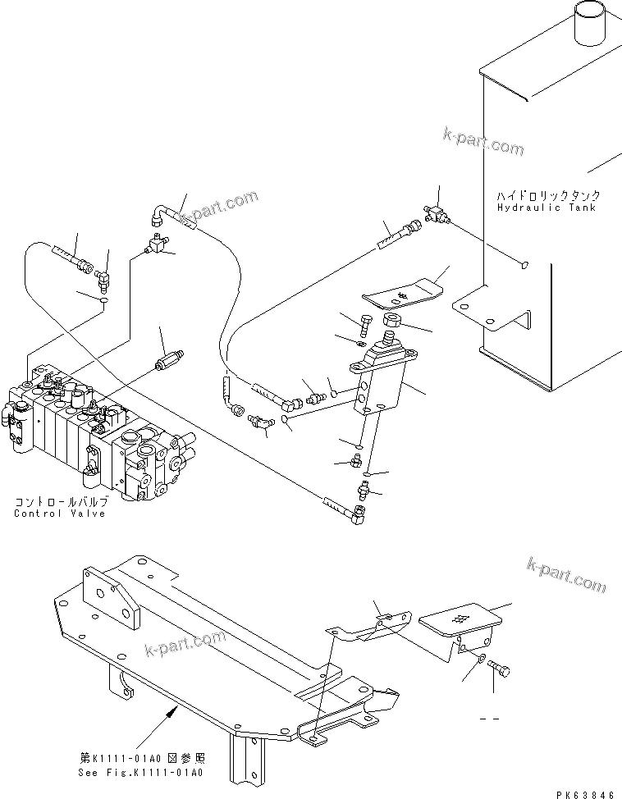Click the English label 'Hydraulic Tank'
coord(547,208)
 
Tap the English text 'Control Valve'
coord(59,514)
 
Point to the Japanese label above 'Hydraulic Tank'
coord(547,196)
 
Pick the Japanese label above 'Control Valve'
coord(59,501)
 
